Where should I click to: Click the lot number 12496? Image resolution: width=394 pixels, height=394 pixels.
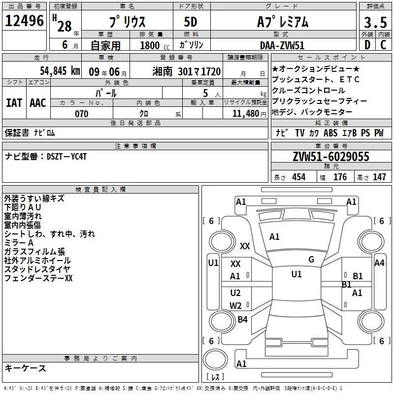point(24,22)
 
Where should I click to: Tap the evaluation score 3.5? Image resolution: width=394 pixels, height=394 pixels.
point(374,22)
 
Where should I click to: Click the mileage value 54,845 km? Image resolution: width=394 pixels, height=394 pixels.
point(54,71)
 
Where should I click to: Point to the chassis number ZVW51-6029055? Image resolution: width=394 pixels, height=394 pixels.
point(330,157)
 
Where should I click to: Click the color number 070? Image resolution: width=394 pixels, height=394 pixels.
point(81,114)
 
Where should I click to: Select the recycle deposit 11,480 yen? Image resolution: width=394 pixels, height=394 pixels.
point(245,114)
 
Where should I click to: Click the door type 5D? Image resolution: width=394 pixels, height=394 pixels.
point(191,23)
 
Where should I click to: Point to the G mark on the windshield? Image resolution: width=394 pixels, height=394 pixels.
point(311,260)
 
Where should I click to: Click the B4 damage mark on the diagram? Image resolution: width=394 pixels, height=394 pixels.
point(242,320)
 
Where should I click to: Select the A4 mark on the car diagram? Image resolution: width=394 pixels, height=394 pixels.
point(379,263)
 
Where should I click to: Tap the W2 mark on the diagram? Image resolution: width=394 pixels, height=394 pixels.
point(235,305)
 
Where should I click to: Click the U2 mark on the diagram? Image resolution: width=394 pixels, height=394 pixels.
point(235,293)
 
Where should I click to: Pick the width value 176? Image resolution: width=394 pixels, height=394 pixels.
point(340,177)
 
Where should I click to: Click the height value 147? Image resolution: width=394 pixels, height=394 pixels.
point(379,177)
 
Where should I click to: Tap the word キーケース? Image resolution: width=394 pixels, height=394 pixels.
point(26,368)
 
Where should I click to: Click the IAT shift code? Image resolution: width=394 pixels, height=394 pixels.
point(14,102)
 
